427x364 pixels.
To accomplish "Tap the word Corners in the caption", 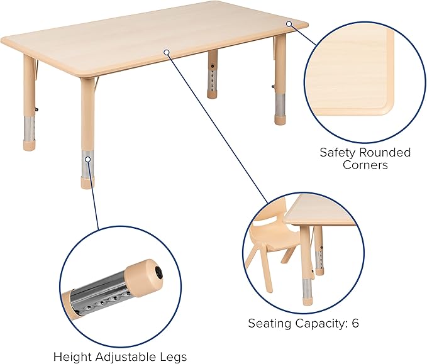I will click(x=365, y=165).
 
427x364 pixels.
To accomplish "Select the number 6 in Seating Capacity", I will click(x=355, y=324).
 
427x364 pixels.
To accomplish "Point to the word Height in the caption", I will click(x=70, y=356).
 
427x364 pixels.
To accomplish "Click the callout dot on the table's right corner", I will click(x=289, y=24).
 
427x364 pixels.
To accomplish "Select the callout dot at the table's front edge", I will click(x=167, y=52).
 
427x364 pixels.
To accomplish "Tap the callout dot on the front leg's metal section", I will click(x=88, y=160).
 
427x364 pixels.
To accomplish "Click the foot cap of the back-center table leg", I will click(x=214, y=94).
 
